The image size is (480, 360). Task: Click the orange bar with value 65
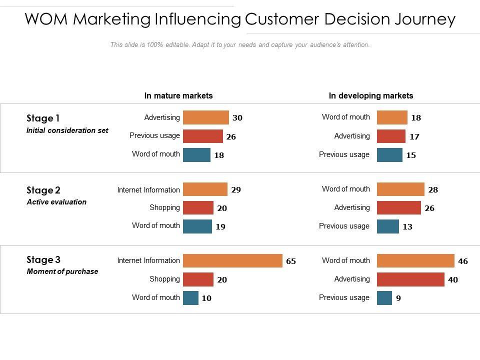[x=232, y=261]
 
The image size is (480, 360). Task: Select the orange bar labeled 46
[x=415, y=261]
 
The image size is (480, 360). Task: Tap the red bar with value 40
[x=410, y=279]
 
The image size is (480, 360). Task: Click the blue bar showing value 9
[x=384, y=298]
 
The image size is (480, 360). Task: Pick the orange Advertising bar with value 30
[x=206, y=117]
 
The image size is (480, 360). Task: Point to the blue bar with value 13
[x=388, y=226]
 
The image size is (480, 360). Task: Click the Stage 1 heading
[x=43, y=118]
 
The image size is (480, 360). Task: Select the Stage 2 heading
[x=43, y=190]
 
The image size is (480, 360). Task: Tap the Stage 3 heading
[x=43, y=260]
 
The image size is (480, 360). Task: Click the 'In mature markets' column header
[x=178, y=95]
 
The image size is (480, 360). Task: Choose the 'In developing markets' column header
[x=371, y=95]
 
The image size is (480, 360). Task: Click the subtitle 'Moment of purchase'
[x=62, y=271]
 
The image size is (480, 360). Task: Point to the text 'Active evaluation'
[x=56, y=202]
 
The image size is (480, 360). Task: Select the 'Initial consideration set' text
[x=67, y=130]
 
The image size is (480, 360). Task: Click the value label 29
[x=236, y=190]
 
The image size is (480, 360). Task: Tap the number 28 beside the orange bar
[x=433, y=190]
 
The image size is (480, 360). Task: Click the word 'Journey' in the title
[x=424, y=19]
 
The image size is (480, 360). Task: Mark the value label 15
[x=411, y=155]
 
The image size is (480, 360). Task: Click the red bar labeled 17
[x=391, y=136]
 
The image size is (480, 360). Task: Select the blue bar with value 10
[x=190, y=298]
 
